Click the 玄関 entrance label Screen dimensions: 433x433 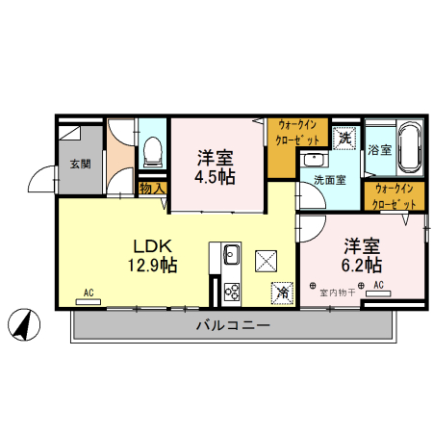79,163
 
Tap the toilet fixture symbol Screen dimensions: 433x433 152,150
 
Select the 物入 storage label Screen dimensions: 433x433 152,189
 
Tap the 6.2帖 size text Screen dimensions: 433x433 361,263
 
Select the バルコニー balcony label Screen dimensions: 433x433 233,325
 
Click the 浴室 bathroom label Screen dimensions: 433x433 379,150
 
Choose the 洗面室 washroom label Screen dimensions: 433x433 328,180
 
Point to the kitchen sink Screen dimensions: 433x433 232,255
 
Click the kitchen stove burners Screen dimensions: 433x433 232,290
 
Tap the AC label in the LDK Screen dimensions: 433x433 88,292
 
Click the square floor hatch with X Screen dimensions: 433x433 267,260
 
